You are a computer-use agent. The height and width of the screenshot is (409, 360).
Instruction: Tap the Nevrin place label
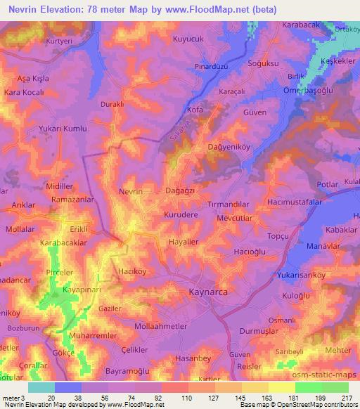[131, 192]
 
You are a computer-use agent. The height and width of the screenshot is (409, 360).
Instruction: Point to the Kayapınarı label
[69, 290]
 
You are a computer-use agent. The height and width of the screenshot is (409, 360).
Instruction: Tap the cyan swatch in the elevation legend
[41, 387]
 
